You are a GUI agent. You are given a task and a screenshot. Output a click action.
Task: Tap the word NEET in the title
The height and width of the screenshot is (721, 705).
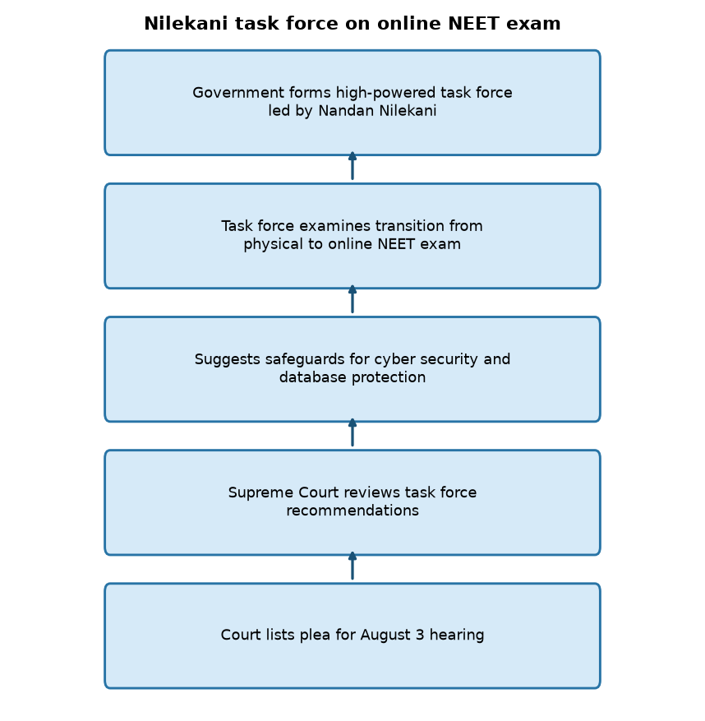(x=473, y=24)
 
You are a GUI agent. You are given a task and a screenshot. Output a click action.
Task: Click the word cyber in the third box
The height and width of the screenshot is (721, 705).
(x=389, y=359)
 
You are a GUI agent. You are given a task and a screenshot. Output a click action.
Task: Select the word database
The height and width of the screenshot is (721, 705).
(x=313, y=377)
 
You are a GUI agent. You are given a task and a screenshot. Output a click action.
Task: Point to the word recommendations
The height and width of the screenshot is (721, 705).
(x=352, y=511)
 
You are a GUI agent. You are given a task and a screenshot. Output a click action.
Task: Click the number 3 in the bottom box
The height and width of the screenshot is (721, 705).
(x=420, y=635)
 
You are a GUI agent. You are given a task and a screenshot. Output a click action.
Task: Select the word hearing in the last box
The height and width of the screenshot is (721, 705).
(x=457, y=635)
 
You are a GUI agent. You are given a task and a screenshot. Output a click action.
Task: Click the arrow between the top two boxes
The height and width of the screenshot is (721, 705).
(x=352, y=165)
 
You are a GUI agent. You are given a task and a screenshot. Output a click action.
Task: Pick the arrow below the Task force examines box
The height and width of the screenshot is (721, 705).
(x=352, y=299)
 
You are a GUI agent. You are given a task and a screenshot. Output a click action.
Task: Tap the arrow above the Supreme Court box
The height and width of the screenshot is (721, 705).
(x=352, y=432)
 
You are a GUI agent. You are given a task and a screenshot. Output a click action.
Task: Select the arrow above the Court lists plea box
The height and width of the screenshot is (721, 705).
(x=352, y=566)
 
